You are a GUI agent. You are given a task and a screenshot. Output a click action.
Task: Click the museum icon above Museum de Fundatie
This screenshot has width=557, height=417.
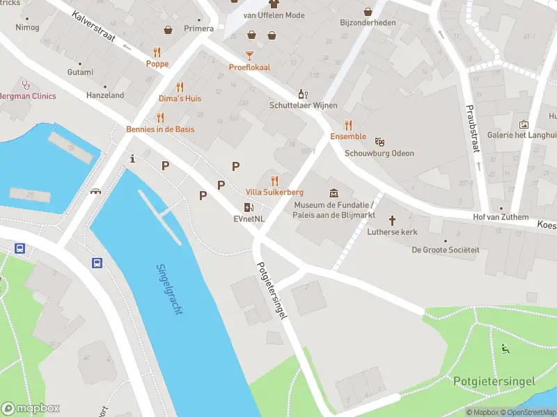(x=334, y=193)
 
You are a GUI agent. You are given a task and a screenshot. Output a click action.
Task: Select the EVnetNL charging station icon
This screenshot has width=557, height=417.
(x=249, y=207)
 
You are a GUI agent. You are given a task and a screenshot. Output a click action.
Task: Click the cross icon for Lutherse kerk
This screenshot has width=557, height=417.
(x=392, y=220)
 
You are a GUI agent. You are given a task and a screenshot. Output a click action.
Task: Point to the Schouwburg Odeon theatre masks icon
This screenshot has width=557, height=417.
(x=379, y=142)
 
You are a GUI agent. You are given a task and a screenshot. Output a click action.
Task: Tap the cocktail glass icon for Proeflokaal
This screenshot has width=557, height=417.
(x=249, y=56)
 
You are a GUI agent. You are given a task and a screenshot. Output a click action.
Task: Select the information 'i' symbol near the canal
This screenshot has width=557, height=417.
(x=132, y=158)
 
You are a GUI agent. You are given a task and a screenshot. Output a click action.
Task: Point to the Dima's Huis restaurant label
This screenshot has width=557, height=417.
(x=180, y=99)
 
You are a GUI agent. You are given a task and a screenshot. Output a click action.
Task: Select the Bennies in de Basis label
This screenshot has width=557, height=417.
(x=160, y=129)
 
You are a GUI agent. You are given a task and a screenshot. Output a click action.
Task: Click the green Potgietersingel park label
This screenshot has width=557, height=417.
(x=494, y=381)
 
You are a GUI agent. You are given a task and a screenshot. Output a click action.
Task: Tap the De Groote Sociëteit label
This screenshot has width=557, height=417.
(x=445, y=250)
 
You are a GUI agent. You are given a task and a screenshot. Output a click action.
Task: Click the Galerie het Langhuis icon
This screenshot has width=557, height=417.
(x=523, y=124)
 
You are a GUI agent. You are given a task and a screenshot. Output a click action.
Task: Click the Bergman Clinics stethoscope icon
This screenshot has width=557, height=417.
(x=26, y=85)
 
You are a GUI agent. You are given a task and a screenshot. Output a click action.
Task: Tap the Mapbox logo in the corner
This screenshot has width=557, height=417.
(x=31, y=408)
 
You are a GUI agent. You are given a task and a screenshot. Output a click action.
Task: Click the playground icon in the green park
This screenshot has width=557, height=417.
(x=505, y=349)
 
